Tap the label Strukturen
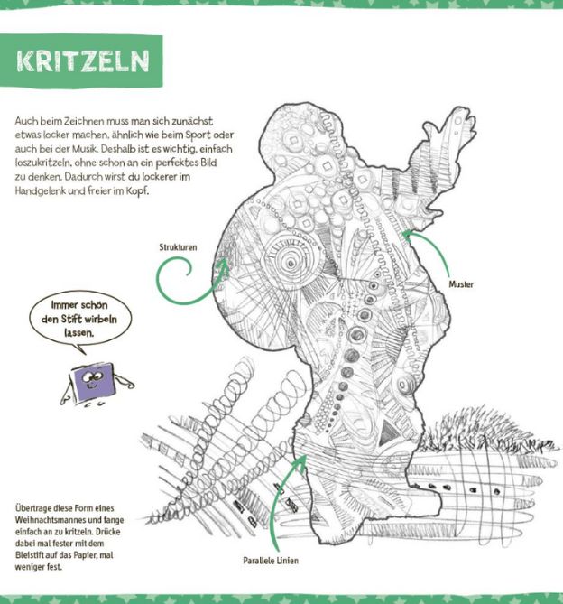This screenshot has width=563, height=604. [176, 245]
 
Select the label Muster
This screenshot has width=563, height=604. [461, 284]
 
